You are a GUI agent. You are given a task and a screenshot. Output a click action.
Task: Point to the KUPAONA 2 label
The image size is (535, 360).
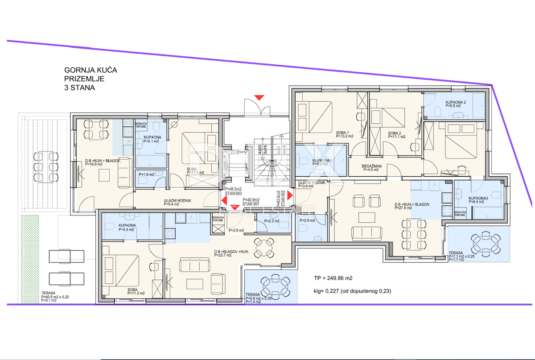pyautogui.click(x=455, y=104)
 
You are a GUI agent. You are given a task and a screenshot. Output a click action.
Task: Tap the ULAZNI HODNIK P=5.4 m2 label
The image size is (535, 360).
pyautogui.click(x=177, y=203)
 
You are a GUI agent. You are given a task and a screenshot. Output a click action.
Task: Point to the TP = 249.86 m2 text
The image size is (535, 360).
pyautogui.click(x=333, y=278)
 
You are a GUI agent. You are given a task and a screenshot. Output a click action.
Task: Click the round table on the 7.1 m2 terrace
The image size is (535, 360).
pyautogui.click(x=485, y=243)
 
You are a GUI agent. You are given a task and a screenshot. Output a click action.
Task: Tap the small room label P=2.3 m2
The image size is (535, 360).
pyautogui.click(x=271, y=221)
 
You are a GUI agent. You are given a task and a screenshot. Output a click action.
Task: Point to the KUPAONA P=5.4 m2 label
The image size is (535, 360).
pyautogui.click(x=127, y=228)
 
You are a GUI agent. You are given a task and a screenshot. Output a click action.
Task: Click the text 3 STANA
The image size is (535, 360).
pyautogui.click(x=80, y=88)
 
